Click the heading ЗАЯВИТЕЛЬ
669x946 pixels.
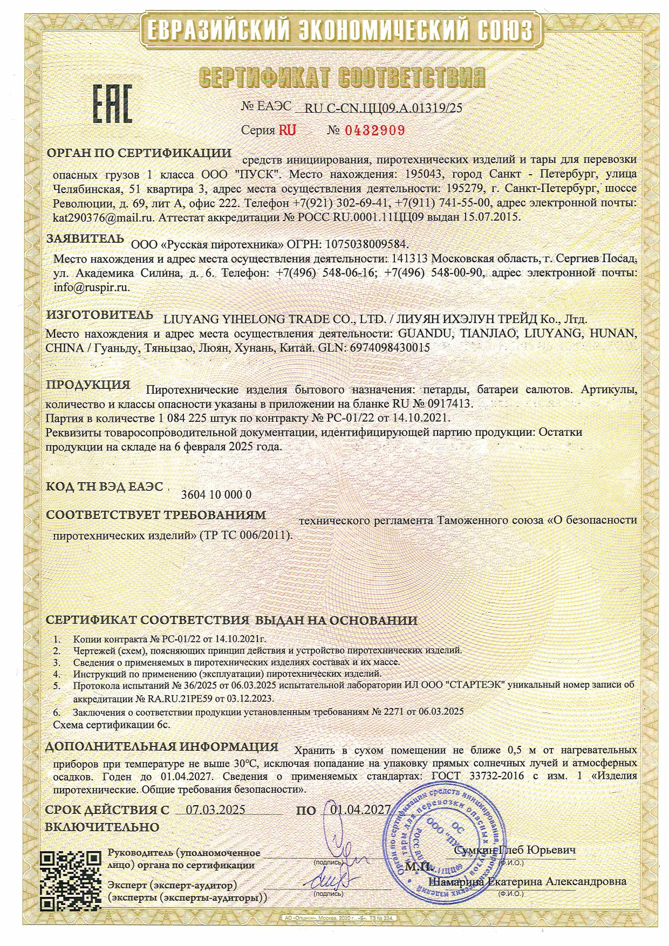pos(85,238)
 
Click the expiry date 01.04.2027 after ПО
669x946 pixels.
pos(360,810)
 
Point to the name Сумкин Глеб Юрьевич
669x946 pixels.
pos(515,850)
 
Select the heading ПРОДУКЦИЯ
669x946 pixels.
pos(88,385)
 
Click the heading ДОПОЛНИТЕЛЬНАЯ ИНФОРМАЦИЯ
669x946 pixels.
pos(161,747)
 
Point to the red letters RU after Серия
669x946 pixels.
pos(287,130)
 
